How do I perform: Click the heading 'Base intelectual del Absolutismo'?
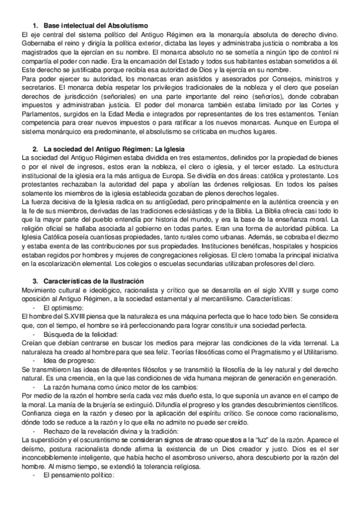(100, 25)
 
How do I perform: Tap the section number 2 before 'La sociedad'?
(35, 149)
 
